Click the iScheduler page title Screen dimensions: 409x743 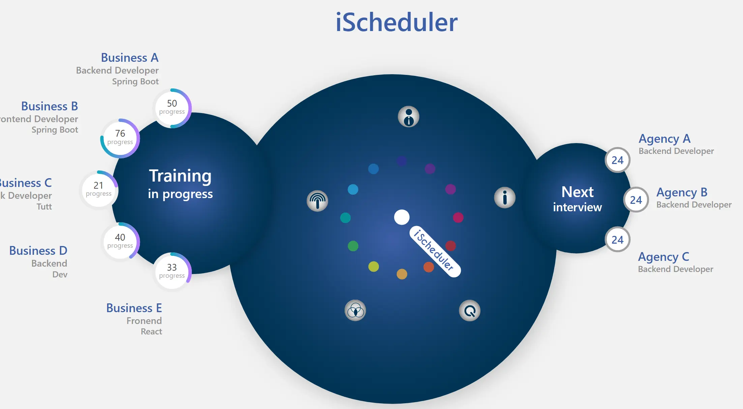point(396,23)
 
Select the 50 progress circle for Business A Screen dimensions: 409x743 point(172,108)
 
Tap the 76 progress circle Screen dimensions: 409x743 point(120,138)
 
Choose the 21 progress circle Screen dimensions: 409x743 point(98,190)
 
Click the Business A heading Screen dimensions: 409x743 point(130,58)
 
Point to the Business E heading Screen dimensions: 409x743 point(134,308)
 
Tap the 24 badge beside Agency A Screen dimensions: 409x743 point(617,160)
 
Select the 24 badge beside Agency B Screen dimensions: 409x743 point(636,200)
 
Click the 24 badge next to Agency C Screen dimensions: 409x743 point(617,240)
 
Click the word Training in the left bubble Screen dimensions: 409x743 point(180,176)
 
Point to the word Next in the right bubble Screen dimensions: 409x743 point(577,192)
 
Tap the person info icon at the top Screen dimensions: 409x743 point(409,117)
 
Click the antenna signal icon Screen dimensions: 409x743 point(317,201)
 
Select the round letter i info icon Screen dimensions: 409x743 point(505,197)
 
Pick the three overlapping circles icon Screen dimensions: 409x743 point(355,310)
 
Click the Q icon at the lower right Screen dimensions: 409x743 point(470,310)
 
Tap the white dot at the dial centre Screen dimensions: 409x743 point(402,217)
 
